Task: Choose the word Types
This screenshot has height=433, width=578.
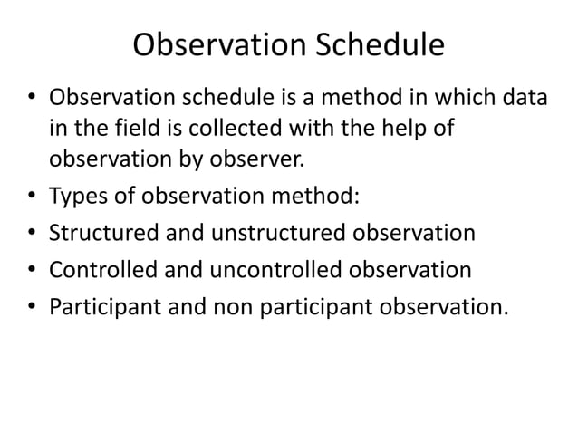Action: pos(78,198)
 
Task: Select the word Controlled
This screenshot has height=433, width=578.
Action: pos(105,270)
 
